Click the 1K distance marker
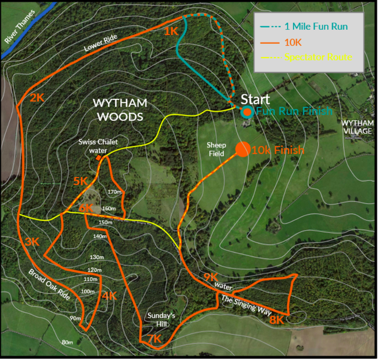tap(171, 32)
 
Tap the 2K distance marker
tap(37, 98)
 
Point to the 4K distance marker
tap(109, 296)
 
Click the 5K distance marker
tap(81, 182)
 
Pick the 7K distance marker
tap(154, 340)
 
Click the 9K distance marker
tap(211, 278)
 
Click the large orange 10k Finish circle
tap(242, 149)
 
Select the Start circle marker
tap(247, 112)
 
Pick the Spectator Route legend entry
tap(317, 57)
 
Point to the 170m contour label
tap(116, 192)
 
